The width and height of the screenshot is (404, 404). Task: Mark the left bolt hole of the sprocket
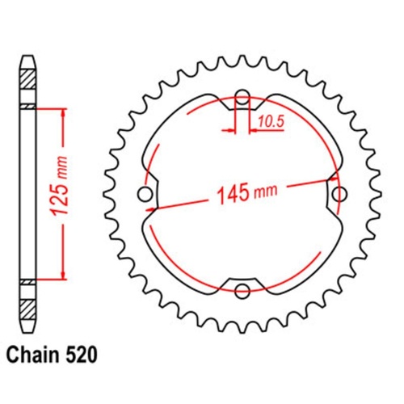145,194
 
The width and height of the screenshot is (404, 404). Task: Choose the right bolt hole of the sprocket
338,194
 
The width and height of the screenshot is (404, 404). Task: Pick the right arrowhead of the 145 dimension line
331,179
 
